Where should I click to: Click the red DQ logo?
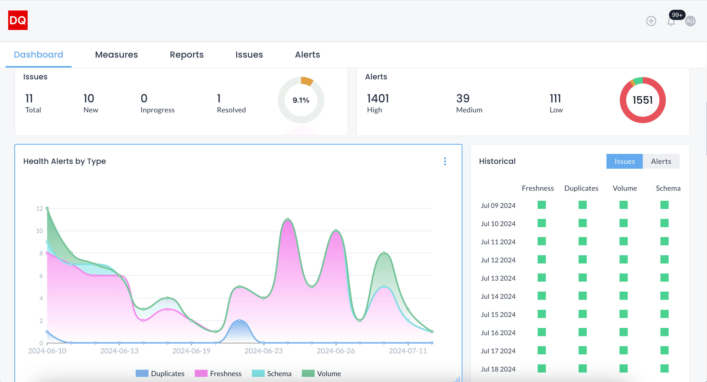[18, 20]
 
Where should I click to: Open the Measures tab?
[116, 55]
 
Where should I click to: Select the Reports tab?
[187, 55]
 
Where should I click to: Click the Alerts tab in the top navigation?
[307, 55]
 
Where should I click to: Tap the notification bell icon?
[671, 22]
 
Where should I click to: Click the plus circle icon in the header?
[651, 21]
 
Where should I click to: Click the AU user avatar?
[690, 21]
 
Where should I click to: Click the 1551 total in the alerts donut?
[643, 100]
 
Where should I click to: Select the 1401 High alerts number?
[378, 99]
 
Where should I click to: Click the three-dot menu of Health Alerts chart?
[445, 161]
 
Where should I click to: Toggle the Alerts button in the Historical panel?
[661, 162]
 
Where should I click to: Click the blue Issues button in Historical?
[624, 162]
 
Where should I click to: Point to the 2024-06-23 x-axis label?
[263, 351]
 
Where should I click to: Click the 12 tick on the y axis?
[40, 208]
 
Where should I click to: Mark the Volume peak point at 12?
[47, 208]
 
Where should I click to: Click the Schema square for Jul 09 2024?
[664, 205]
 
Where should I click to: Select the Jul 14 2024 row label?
[498, 296]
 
